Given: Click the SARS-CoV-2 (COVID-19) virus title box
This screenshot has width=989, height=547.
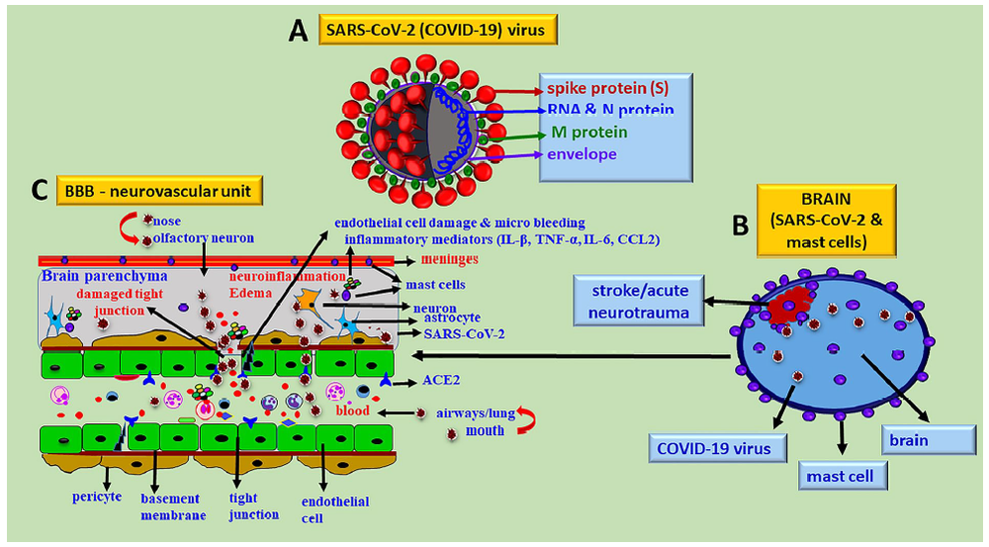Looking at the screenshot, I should (x=438, y=31).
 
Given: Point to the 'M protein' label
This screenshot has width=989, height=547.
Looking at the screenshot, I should (x=590, y=132).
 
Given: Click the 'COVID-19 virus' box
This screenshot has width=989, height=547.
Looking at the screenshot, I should (x=717, y=448).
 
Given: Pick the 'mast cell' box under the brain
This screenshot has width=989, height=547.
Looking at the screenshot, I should (x=840, y=476).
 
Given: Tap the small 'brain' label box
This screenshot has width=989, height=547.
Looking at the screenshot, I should (x=907, y=439).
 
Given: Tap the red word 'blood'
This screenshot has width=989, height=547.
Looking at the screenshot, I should (x=353, y=410).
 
